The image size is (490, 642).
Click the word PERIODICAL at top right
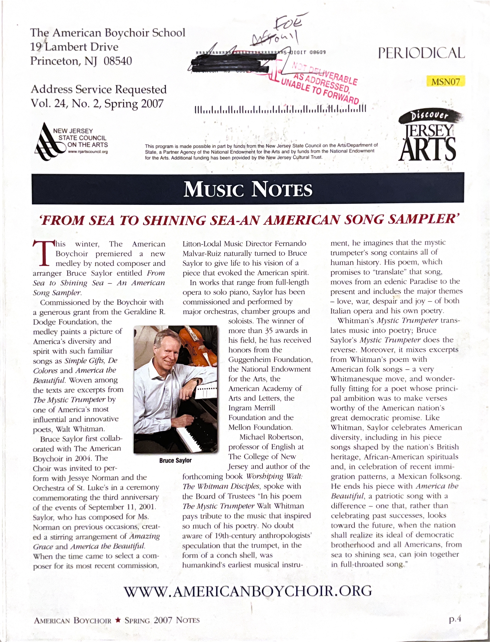tap(421, 53)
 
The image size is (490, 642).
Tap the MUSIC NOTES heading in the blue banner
tap(248, 189)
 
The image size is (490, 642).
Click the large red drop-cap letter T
tap(43, 253)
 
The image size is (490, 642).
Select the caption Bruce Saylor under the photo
tap(175, 460)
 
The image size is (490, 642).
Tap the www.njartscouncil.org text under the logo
tap(88, 152)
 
